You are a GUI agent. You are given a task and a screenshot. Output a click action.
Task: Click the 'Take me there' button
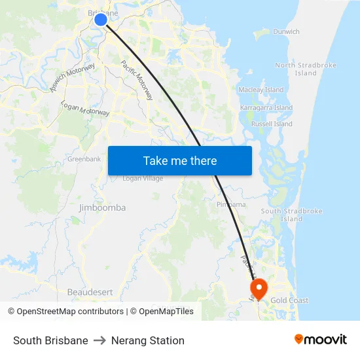(x=179, y=160)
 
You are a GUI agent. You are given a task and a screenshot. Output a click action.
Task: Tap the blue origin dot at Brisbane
(x=101, y=20)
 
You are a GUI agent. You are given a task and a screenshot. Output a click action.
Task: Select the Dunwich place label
(x=286, y=31)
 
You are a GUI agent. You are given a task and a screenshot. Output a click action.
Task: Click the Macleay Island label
(x=261, y=90)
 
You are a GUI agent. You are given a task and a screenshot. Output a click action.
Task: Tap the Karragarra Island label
(x=266, y=107)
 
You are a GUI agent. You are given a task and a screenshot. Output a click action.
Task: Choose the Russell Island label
(x=272, y=124)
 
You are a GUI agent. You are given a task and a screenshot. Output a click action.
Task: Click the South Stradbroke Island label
(x=291, y=215)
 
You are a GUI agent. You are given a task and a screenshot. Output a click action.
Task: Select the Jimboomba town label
(x=102, y=207)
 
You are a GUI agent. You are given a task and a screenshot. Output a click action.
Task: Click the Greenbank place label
(x=84, y=159)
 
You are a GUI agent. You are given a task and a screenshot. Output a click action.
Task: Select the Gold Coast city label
(x=289, y=300)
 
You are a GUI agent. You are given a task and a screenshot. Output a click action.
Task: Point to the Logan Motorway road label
(x=85, y=109)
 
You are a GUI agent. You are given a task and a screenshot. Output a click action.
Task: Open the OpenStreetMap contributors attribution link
(x=65, y=312)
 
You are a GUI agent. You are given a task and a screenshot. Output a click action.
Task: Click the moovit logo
(x=321, y=340)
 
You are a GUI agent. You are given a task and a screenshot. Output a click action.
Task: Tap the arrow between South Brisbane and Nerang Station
(x=99, y=340)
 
